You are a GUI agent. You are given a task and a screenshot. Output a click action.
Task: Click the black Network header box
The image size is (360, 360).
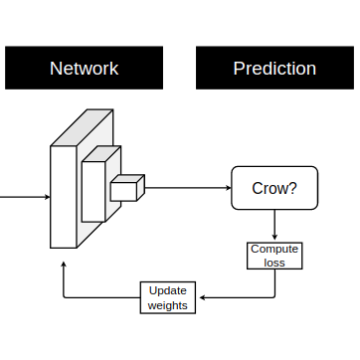85,69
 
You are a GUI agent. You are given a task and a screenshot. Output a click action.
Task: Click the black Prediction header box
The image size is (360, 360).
274,69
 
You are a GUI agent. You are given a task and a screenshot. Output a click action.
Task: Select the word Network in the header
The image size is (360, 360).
85,69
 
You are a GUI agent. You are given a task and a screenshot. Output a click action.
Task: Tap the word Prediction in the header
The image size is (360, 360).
274,69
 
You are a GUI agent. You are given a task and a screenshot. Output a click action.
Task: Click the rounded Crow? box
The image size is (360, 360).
274,187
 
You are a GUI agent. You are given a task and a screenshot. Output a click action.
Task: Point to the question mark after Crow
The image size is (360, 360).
293,187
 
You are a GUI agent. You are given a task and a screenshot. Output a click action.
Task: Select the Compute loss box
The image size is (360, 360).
274,256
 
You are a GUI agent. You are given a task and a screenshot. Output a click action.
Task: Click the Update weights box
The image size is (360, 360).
167,297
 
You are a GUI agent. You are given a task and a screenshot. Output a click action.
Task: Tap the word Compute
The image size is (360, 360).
274,249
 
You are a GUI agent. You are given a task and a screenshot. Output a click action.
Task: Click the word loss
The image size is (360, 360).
274,263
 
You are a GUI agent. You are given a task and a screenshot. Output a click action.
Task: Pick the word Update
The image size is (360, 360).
167,290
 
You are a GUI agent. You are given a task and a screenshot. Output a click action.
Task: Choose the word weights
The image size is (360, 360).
167,305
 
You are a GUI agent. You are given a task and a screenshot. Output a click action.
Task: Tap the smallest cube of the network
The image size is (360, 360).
124,189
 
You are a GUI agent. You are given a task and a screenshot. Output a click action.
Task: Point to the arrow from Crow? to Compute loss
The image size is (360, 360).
274,225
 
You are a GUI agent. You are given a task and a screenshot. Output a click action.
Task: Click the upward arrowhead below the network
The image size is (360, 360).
65,267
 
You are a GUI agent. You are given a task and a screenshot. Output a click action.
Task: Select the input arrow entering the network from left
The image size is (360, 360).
25,196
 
